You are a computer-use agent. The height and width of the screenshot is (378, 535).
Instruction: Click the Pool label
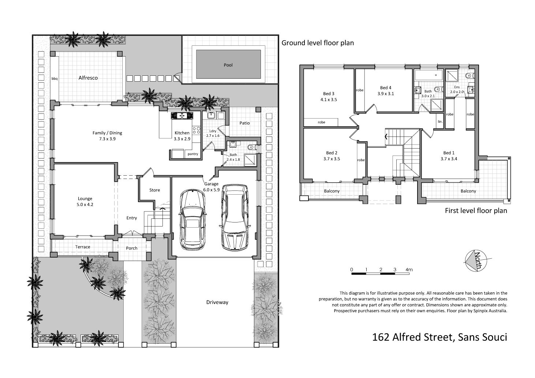(x=228, y=65)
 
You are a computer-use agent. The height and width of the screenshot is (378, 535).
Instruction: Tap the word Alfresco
(x=88, y=78)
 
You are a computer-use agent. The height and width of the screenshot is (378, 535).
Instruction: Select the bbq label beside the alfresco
(x=55, y=79)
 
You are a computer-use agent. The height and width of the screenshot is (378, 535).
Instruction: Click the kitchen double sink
(x=182, y=116)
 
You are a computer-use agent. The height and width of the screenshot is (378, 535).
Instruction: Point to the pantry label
(x=193, y=154)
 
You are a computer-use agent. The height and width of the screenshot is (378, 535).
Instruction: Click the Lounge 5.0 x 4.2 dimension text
(x=85, y=205)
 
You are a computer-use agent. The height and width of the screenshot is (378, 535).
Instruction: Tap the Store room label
(x=154, y=190)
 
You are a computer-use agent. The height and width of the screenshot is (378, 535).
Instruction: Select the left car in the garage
(x=192, y=220)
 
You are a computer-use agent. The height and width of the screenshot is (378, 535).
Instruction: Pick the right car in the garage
(x=235, y=217)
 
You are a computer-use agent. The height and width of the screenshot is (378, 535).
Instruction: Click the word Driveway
(x=217, y=302)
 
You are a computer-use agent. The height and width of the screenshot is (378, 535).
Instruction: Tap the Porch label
(x=132, y=248)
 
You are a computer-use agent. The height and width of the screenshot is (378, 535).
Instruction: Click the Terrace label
(x=83, y=247)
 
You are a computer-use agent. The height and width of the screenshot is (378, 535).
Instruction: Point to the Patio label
(x=244, y=123)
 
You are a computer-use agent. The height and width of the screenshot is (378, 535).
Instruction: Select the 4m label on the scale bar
(x=409, y=270)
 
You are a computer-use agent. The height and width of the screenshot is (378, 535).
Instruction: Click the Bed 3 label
(x=329, y=94)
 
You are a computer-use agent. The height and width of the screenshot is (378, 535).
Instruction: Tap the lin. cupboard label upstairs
(x=440, y=121)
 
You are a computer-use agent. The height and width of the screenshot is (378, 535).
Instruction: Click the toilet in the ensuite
(x=469, y=76)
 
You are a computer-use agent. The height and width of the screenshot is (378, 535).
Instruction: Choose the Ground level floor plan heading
(x=318, y=43)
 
